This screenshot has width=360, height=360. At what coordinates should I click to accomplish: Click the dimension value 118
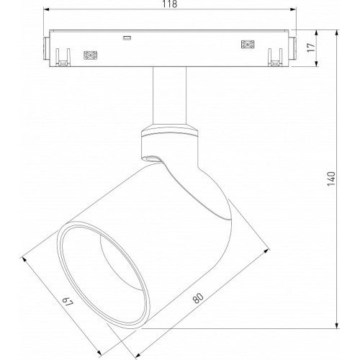point(170,4)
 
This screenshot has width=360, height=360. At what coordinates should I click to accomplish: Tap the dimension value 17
point(311,48)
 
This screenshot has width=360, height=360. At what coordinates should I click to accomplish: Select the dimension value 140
point(331,179)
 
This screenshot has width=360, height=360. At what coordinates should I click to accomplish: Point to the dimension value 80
point(198,298)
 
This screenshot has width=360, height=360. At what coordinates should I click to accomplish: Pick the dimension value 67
point(68,302)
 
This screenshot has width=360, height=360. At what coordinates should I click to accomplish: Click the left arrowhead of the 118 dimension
point(46,9)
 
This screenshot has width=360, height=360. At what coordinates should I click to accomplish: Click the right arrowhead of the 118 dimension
point(293,9)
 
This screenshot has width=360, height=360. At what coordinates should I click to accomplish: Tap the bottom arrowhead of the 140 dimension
point(337,325)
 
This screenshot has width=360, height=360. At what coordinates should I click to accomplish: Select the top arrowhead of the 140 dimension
point(337,33)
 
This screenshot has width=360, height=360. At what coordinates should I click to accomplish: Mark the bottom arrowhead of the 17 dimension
point(317,63)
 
